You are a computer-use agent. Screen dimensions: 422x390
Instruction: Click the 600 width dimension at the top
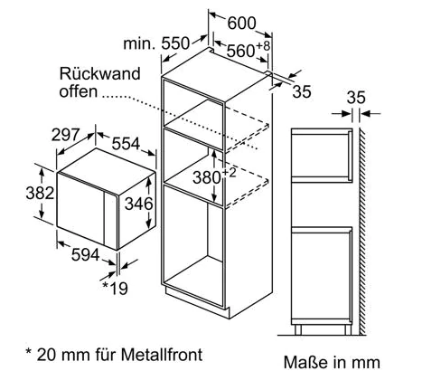coord(241,23)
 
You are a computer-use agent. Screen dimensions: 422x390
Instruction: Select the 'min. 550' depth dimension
coord(156,43)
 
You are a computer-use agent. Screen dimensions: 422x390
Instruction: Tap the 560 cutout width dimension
coord(240,51)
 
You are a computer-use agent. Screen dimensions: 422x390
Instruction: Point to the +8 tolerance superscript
coord(263,46)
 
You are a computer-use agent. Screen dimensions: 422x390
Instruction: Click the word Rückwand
coord(100,73)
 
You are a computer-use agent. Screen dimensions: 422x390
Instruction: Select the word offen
coord(79,90)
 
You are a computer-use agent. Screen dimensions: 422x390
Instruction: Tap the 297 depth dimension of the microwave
coord(65,135)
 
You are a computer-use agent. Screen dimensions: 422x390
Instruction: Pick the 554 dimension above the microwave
coord(126,144)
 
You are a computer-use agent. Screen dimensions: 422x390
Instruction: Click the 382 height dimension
coord(40,193)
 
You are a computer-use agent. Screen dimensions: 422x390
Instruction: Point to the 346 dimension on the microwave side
coord(139,204)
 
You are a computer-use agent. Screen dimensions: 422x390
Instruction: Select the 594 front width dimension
coord(85,255)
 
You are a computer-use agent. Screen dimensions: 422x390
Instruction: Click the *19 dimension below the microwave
coord(115,288)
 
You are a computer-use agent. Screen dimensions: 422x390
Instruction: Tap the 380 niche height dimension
coord(207,177)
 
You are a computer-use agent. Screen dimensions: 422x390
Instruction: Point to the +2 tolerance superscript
coord(229,173)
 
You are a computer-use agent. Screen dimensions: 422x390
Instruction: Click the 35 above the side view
coord(356,98)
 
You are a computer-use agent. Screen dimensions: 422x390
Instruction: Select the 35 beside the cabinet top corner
coord(302,91)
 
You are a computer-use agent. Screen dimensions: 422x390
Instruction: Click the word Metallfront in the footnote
coord(162,355)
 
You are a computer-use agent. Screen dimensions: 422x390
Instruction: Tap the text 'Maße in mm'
coord(332,362)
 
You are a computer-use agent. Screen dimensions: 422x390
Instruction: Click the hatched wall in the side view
coord(362,231)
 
